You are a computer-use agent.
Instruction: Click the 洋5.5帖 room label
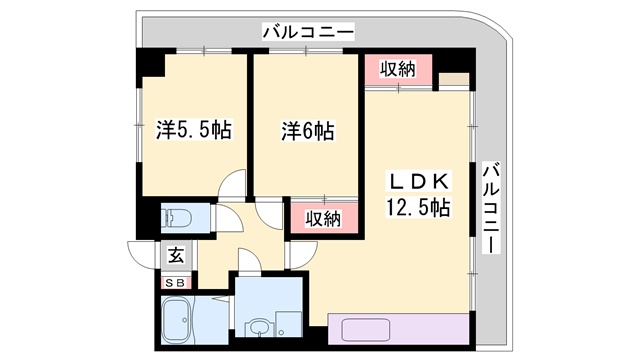pos(194,131)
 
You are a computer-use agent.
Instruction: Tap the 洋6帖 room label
pos(307,131)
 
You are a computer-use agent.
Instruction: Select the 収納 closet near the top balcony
pos(397,71)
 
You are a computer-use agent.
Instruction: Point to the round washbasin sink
pos(259,325)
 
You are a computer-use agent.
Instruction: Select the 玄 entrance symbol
pos(175,254)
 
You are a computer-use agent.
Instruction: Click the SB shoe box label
pos(174,283)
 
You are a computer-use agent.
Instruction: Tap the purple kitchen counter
pos(395,329)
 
